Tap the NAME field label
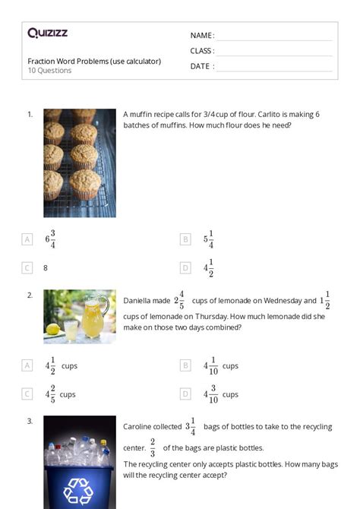pos(201,36)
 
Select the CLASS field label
pos(202,51)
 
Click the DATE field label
pos(201,66)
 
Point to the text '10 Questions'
pos(49,71)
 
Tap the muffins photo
pos(80,163)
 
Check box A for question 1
pos(27,239)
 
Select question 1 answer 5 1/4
pos(209,239)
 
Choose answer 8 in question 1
pos(46,268)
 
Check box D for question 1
pos(185,268)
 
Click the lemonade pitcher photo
pos(80,316)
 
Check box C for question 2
pos(27,394)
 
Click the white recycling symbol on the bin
pos(78,491)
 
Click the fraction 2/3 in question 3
pos(152,447)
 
